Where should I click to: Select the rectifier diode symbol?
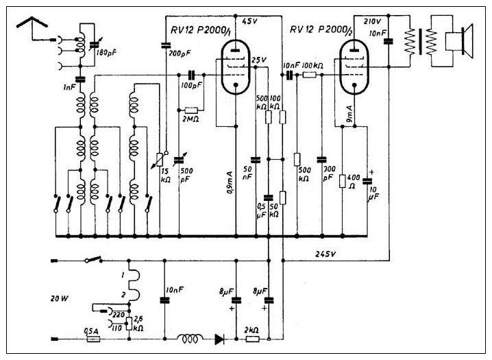[x=219, y=338]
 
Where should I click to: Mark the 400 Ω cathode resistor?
[x=342, y=181]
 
